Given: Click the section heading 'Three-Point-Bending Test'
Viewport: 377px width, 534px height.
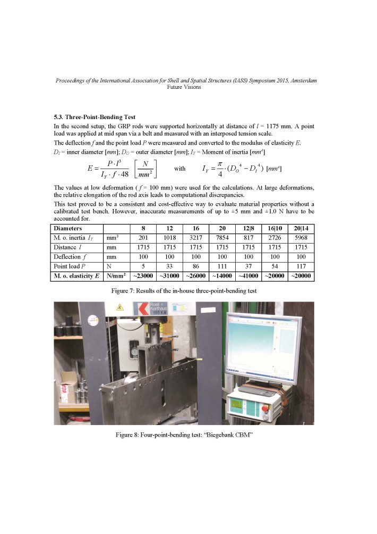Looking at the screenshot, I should [100, 116].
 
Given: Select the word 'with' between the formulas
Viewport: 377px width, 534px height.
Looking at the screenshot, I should [180, 169].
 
